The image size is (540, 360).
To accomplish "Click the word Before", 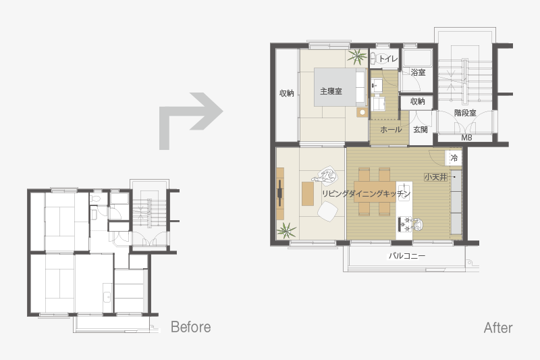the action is point(191,327).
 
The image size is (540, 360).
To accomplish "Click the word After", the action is point(498,328).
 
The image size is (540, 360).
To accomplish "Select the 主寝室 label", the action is point(331,91).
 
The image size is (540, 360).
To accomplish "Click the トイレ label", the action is point(388,59).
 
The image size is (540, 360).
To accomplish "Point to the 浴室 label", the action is point(418,72).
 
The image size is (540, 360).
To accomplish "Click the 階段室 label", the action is point(465,113).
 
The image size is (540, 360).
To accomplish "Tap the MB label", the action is point(466,138).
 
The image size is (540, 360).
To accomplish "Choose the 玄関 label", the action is point(421,130).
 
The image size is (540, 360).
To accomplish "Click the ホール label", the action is point(391,130).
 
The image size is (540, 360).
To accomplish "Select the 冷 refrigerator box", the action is point(454,158).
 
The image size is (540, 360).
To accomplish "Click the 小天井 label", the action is point(435,177).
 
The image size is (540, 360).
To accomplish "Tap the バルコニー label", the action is point(407,256).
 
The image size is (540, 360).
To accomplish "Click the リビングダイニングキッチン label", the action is point(367,194).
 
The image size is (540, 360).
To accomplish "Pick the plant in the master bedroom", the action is point(357,57).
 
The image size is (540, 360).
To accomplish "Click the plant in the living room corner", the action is point(286,230).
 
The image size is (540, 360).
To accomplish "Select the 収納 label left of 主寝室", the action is point(286,93).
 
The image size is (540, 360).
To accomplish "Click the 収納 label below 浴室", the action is point(418,101).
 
